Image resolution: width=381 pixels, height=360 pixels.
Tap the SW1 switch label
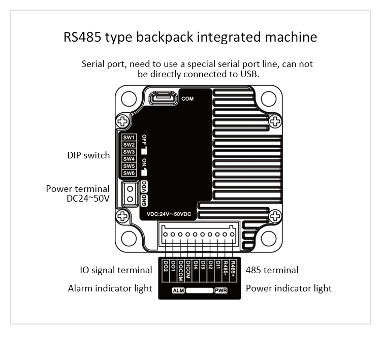coord(129,138)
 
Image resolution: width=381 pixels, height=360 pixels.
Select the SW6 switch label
coord(129,173)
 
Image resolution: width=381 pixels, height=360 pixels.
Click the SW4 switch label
coord(129,159)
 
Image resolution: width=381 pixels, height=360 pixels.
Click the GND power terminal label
coord(144,200)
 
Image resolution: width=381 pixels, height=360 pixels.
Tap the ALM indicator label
coord(178,291)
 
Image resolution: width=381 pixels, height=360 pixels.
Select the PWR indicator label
coord(220,291)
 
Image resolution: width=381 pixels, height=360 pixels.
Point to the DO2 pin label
coord(166,266)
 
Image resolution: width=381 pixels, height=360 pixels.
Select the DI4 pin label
coord(196,265)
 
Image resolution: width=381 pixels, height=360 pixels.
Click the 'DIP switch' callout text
coord(88,155)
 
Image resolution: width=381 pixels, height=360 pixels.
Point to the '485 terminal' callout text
coord(272,270)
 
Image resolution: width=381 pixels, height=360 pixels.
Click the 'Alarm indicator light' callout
coord(110,288)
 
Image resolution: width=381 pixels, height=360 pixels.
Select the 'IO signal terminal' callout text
coord(116,270)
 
